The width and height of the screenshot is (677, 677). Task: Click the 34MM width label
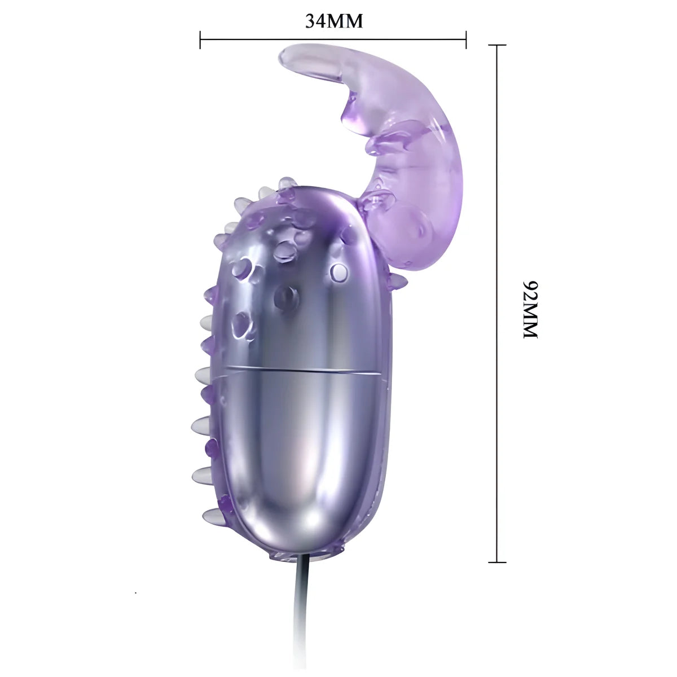pos(333,21)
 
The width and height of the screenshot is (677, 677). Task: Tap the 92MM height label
pos(531,309)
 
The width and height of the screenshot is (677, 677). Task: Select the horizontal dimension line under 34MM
pos(333,39)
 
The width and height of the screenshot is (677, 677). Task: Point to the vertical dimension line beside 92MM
pos(497,305)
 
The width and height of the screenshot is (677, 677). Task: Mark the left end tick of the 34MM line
pos(200,39)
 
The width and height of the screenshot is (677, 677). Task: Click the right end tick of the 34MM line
pos(466,39)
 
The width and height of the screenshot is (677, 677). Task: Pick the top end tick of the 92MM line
pos(497,45)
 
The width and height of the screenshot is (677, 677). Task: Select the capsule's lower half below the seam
pos(299,463)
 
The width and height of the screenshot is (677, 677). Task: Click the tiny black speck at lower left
pos(135,593)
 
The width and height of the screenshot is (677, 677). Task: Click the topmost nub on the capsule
pos(288,183)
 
